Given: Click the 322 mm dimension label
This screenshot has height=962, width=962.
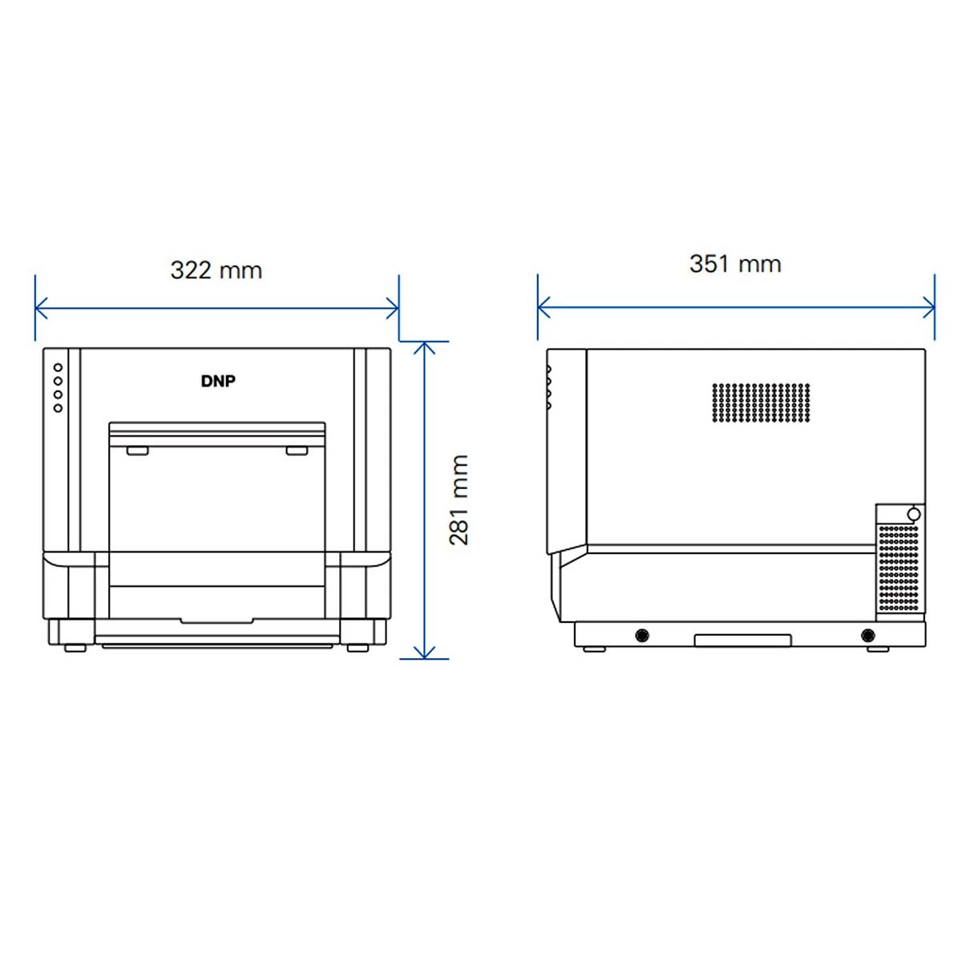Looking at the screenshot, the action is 216,270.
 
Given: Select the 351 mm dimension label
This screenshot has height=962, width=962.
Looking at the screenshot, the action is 735,264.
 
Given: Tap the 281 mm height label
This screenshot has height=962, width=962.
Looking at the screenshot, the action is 459,499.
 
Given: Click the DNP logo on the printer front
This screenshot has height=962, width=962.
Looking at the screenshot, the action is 218,382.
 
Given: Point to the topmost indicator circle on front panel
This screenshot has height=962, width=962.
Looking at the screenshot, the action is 58,368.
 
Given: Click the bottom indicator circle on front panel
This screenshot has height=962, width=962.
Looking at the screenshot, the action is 58,408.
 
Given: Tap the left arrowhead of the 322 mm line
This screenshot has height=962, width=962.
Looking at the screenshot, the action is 41,308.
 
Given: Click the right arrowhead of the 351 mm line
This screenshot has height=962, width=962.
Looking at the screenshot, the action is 928,308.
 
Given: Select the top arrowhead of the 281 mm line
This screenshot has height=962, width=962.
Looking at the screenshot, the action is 424,348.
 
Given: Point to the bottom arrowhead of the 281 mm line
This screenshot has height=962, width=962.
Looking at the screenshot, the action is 424,653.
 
